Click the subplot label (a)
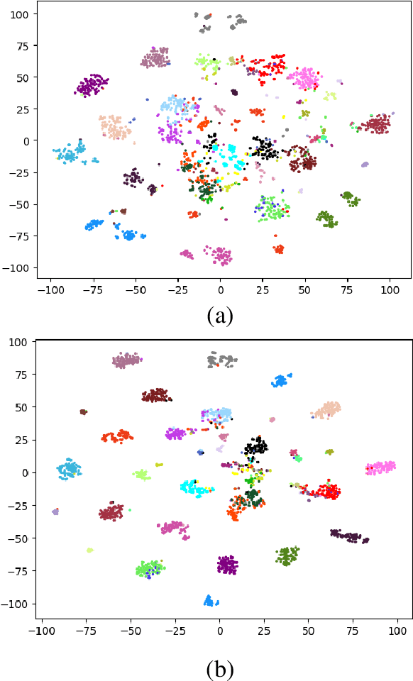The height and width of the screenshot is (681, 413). (219, 314)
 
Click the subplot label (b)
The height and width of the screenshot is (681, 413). (219, 668)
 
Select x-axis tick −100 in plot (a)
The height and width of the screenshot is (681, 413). (50, 291)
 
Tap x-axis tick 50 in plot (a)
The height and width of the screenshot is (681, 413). (305, 291)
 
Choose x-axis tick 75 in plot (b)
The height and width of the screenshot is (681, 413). (353, 629)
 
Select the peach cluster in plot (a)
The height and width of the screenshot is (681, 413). (115, 128)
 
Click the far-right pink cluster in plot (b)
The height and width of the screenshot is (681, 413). (382, 467)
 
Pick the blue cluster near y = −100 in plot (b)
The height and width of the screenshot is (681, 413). (211, 601)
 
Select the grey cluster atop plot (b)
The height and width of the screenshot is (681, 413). (221, 360)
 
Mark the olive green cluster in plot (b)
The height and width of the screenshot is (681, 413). (287, 555)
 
